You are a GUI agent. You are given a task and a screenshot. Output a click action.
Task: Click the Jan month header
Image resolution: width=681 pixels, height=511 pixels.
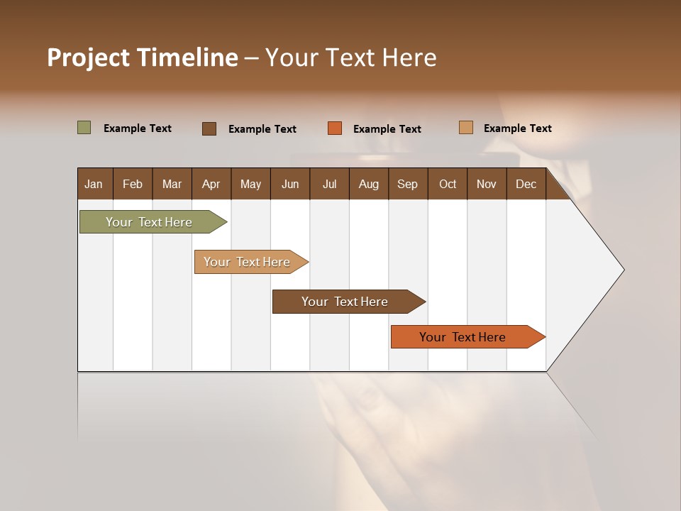94,184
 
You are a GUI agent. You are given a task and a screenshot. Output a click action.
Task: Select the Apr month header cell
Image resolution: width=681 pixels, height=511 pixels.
211,184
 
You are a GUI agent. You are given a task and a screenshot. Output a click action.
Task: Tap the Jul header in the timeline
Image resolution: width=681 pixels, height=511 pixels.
329,184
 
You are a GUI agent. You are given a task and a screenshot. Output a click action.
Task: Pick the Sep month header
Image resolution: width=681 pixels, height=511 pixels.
407,184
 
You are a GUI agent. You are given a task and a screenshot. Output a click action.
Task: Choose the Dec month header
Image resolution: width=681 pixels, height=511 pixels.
526,184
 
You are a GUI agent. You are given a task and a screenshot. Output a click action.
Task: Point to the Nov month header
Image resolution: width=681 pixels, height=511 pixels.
486,184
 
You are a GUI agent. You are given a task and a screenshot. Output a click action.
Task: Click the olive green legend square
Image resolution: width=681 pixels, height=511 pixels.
84,128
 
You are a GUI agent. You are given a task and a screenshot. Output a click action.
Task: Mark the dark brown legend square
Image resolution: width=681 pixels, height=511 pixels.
209,128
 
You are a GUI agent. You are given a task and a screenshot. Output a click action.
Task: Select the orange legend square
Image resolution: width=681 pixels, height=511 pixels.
335,128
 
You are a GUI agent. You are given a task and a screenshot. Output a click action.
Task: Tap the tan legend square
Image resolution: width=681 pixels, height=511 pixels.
466,128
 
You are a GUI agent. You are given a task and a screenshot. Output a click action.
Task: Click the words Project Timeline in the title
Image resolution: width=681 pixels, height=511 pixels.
142,57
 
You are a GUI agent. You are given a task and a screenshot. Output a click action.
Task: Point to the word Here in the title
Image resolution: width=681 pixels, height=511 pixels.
409,57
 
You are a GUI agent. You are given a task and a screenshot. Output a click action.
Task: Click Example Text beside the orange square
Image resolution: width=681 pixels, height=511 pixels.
387,129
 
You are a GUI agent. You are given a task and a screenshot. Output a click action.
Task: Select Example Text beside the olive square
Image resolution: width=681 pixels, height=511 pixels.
138,128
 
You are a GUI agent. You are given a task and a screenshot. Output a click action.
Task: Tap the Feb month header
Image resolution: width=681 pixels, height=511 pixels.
133,184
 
